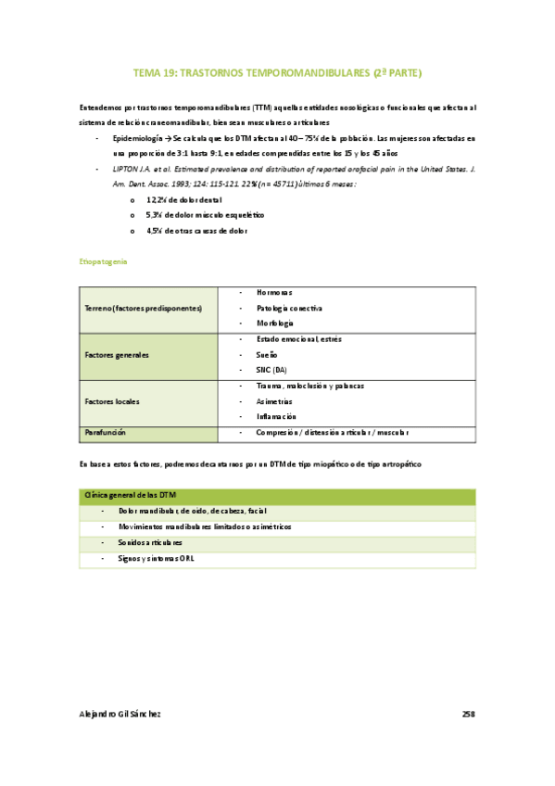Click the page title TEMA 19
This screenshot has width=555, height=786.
277,71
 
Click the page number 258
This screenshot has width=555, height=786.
468,714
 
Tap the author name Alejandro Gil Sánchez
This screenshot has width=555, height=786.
120,714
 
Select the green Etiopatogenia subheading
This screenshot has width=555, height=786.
104,262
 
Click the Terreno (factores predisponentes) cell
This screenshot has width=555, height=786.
143,308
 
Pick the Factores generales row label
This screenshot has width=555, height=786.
117,355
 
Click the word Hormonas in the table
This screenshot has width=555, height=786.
273,292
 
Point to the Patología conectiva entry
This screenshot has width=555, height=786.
288,308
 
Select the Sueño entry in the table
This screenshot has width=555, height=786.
268,355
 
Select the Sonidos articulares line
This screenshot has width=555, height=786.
151,542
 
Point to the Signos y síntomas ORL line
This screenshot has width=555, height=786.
157,558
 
